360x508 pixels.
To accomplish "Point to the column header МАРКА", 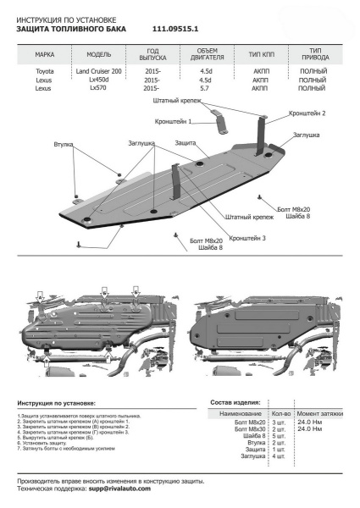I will click(45, 53).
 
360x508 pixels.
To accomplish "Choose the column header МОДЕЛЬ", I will click(99, 53).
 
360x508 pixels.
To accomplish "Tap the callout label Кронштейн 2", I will click(307, 113).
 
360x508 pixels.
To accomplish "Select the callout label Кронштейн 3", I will click(246, 238).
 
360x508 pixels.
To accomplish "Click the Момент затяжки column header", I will click(320, 413).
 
